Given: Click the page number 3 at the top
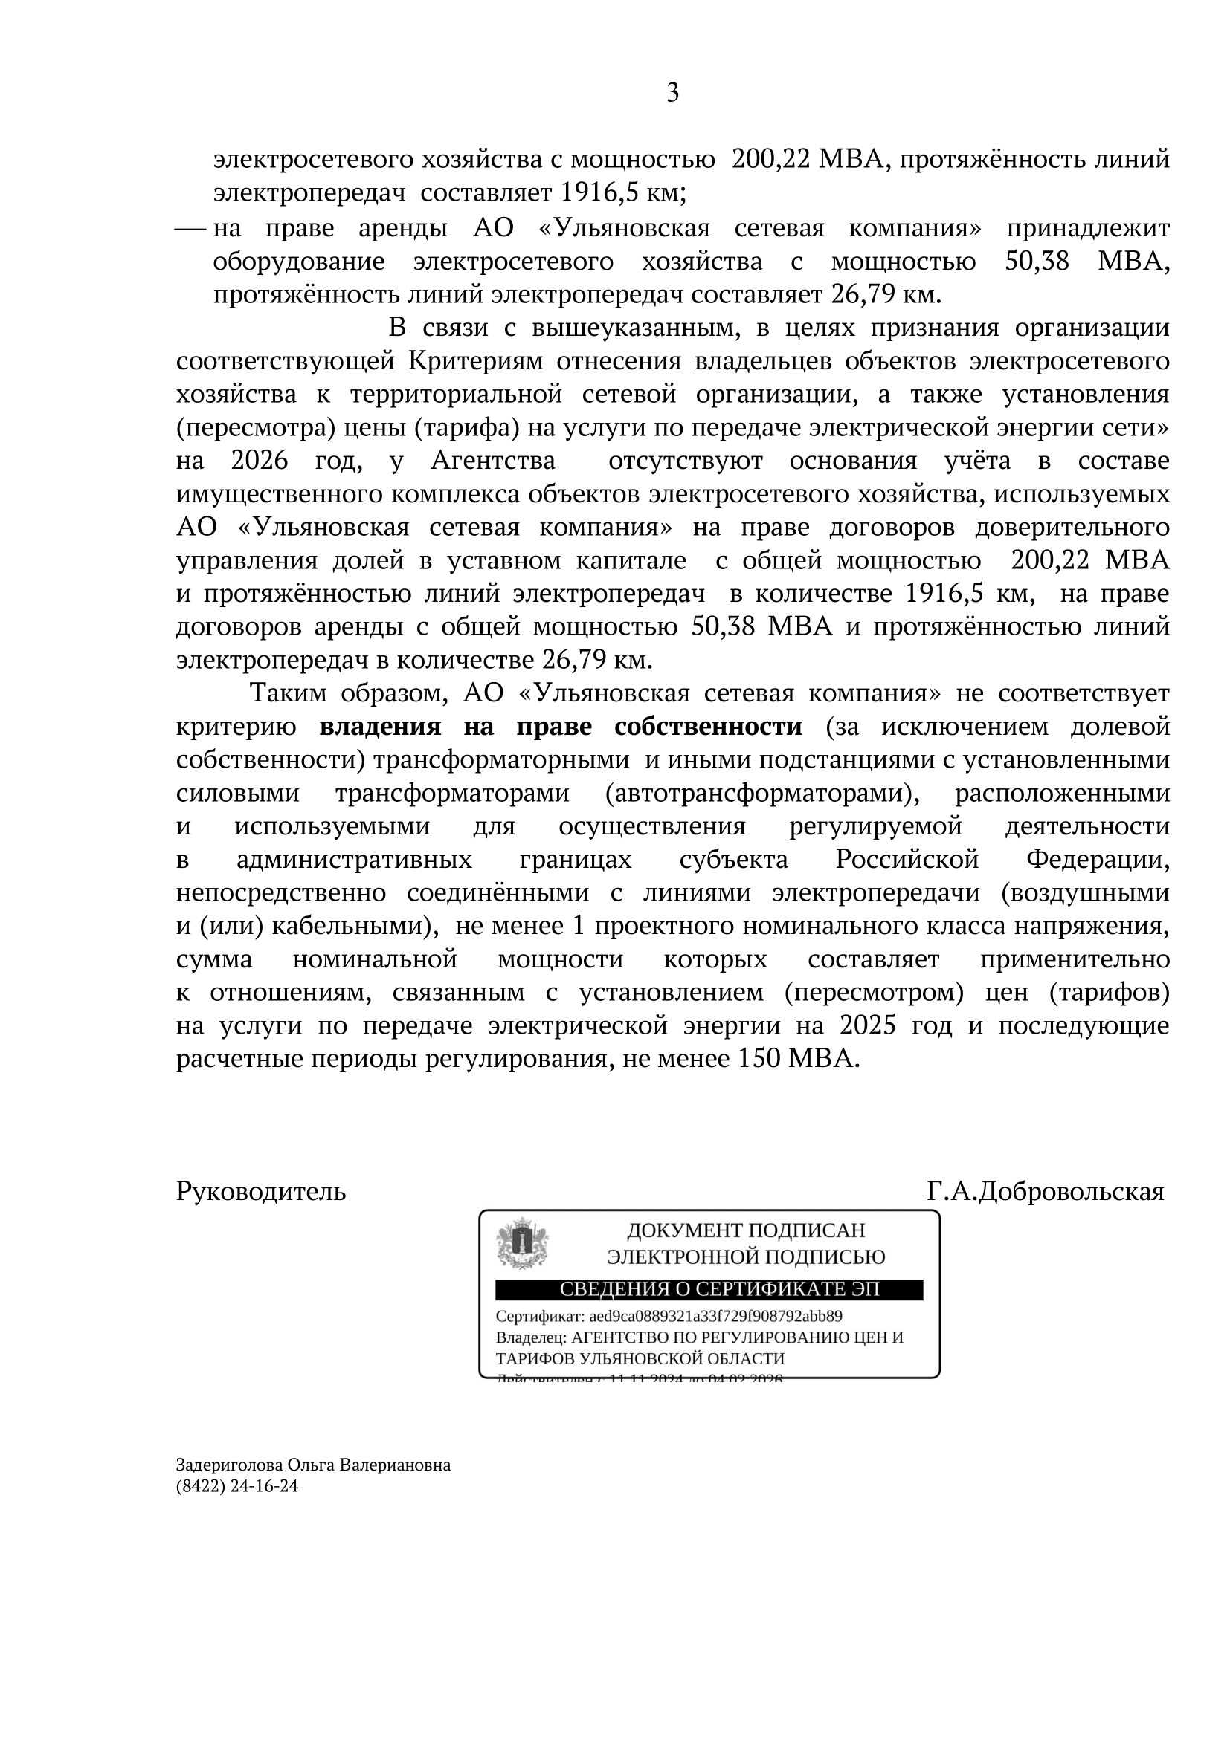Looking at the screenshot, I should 672,93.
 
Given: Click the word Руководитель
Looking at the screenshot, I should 260,1191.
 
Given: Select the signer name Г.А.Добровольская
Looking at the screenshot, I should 1045,1191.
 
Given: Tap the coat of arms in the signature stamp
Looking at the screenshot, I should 522,1243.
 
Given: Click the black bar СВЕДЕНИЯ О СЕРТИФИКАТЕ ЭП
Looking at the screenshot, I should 709,1290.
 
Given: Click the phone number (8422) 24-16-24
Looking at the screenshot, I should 237,1486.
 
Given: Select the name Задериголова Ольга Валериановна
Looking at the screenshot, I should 313,1465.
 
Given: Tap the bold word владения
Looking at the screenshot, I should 380,727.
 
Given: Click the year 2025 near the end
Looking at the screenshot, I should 868,1025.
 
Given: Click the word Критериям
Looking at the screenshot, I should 476,361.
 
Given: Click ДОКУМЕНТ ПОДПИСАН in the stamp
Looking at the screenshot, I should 745,1230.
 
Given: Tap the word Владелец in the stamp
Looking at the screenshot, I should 529,1337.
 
